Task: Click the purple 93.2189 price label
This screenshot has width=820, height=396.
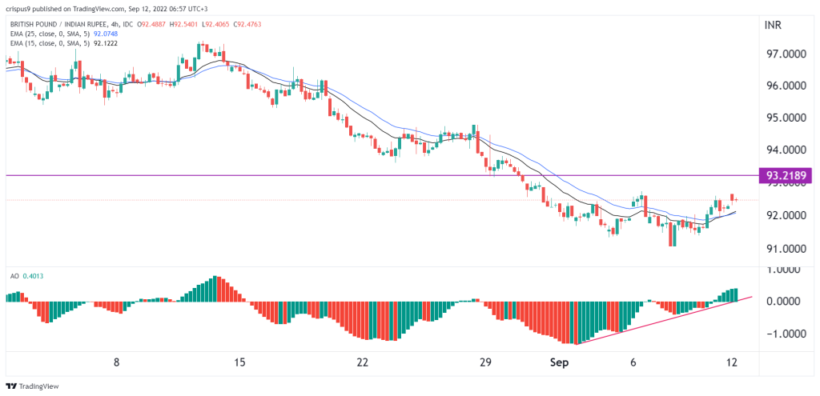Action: tap(787, 175)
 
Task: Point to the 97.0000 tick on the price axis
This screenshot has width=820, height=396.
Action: tap(786, 54)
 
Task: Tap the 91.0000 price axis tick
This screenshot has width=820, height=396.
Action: tap(786, 249)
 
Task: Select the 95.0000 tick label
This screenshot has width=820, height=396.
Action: tap(786, 118)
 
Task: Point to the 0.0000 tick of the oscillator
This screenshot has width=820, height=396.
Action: tap(786, 302)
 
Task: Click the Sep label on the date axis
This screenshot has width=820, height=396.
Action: tap(559, 362)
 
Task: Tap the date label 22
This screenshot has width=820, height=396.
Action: tap(362, 362)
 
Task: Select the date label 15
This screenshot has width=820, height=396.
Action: tap(239, 362)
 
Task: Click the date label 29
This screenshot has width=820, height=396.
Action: tap(484, 362)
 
